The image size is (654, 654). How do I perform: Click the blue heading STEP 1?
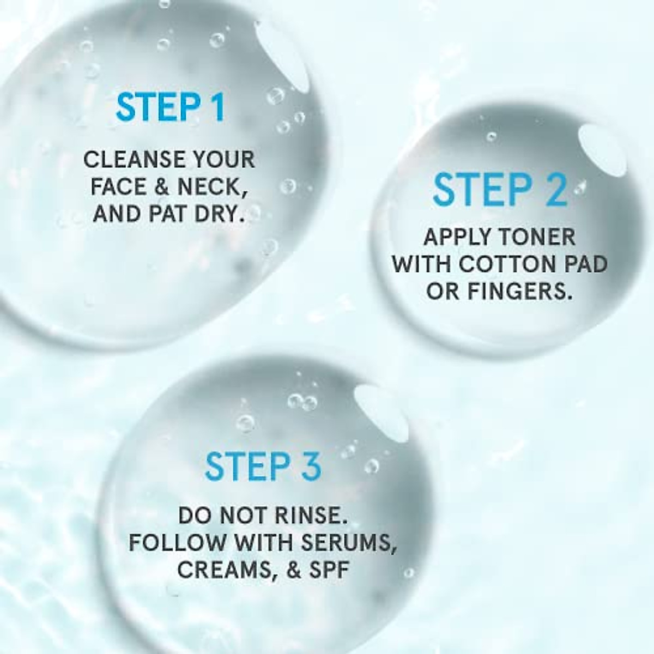(x=170, y=107)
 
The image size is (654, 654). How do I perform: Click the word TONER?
(x=538, y=238)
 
